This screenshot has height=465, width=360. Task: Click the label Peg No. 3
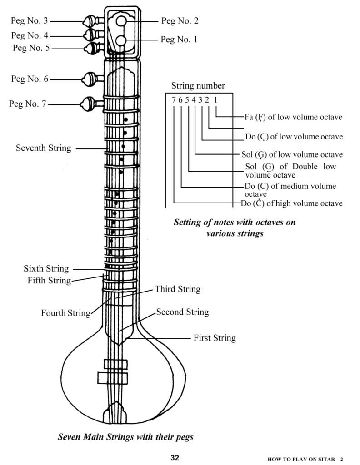coord(30,21)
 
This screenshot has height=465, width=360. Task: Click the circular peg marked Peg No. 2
coord(120,21)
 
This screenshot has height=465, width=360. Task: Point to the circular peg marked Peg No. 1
coord(120,41)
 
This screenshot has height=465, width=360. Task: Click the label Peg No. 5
coord(30,47)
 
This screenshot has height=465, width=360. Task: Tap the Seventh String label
coord(43,148)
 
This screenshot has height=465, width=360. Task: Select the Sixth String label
coord(46,269)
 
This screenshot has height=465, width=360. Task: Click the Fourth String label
coord(65,313)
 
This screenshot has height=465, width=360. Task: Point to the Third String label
coord(177,289)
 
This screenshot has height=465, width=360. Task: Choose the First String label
coord(215,338)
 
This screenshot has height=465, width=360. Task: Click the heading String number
coord(198,86)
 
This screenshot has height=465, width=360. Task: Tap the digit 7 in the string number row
coord(174,100)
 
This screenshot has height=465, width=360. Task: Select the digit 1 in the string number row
coord(216,100)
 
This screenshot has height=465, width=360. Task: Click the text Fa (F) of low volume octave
coord(293,117)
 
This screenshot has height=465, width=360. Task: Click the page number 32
coord(175,457)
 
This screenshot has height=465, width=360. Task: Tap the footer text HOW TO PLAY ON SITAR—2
coord(311,459)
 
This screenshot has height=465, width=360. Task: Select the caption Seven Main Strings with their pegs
coord(125,437)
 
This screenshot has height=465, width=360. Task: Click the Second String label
coord(182,312)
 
